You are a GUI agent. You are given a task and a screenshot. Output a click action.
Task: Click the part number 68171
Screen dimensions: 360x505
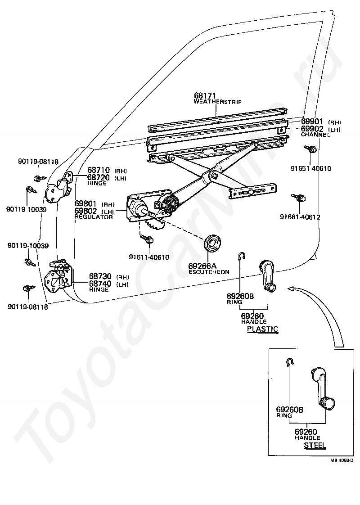[205, 96]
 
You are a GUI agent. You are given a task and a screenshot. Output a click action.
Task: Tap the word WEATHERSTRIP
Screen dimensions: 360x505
[218, 102]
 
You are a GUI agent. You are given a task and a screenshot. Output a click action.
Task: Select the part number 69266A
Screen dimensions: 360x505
[202, 266]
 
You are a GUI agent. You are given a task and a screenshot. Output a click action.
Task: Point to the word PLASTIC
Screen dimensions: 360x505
[262, 329]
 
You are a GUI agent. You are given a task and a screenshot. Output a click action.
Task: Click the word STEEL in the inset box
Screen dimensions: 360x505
[315, 445]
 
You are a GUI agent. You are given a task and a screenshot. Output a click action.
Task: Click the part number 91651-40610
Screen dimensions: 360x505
[311, 168]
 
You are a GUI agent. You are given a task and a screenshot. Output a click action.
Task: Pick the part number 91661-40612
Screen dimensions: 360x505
[300, 217]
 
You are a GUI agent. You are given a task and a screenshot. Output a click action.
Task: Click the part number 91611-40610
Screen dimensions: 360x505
[149, 257]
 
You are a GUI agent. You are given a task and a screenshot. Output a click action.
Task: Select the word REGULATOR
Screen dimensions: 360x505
[94, 217]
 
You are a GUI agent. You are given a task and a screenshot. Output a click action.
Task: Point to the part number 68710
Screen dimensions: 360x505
[99, 170]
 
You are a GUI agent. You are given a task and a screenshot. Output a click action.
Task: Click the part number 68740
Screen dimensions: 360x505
[100, 284]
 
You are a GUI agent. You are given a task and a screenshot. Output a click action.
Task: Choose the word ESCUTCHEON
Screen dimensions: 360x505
[209, 272]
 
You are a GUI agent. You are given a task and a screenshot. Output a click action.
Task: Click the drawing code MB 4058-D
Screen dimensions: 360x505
[342, 460]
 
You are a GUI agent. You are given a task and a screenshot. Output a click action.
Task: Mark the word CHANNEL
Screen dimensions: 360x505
[315, 135]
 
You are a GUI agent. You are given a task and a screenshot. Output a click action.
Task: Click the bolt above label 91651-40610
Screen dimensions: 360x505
[310, 149]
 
